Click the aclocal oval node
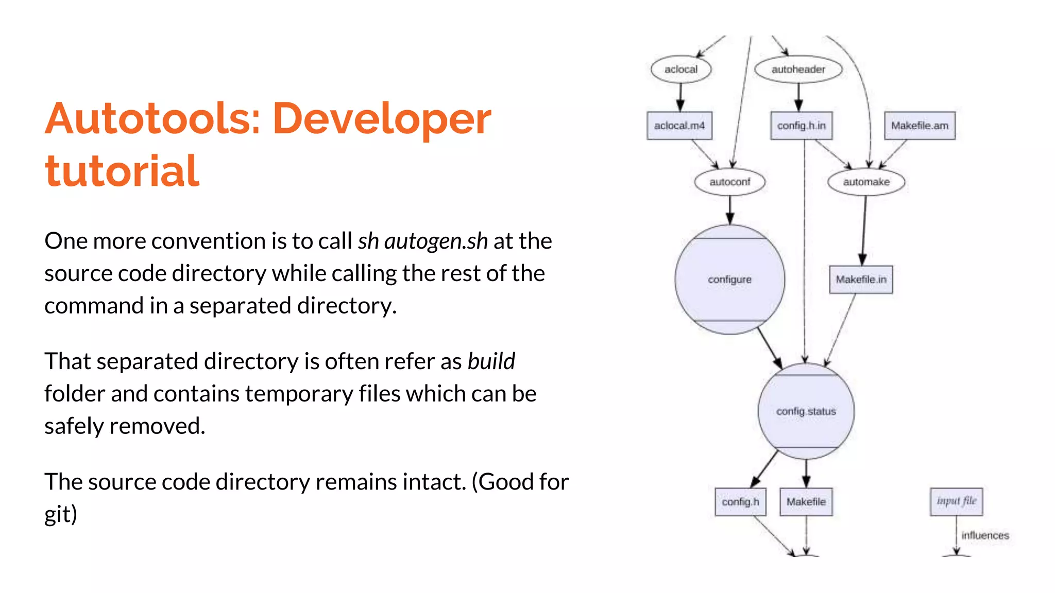pyautogui.click(x=680, y=69)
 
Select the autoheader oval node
pyautogui.click(x=798, y=69)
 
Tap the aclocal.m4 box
pyautogui.click(x=679, y=126)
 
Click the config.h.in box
pyautogui.click(x=801, y=126)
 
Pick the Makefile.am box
pyautogui.click(x=920, y=126)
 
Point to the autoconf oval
pyautogui.click(x=729, y=182)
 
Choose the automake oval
pyautogui.click(x=866, y=182)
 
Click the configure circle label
pyautogui.click(x=729, y=280)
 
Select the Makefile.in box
pyautogui.click(x=861, y=280)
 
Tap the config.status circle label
pyautogui.click(x=806, y=411)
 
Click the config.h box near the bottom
pyautogui.click(x=740, y=501)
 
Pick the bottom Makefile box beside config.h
pyautogui.click(x=806, y=501)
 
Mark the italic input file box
pyautogui.click(x=956, y=501)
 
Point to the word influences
pyautogui.click(x=985, y=535)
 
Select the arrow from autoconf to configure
pyautogui.click(x=730, y=210)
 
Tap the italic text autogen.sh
pyautogui.click(x=436, y=241)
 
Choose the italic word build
pyautogui.click(x=491, y=361)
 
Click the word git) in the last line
pyautogui.click(x=61, y=514)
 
